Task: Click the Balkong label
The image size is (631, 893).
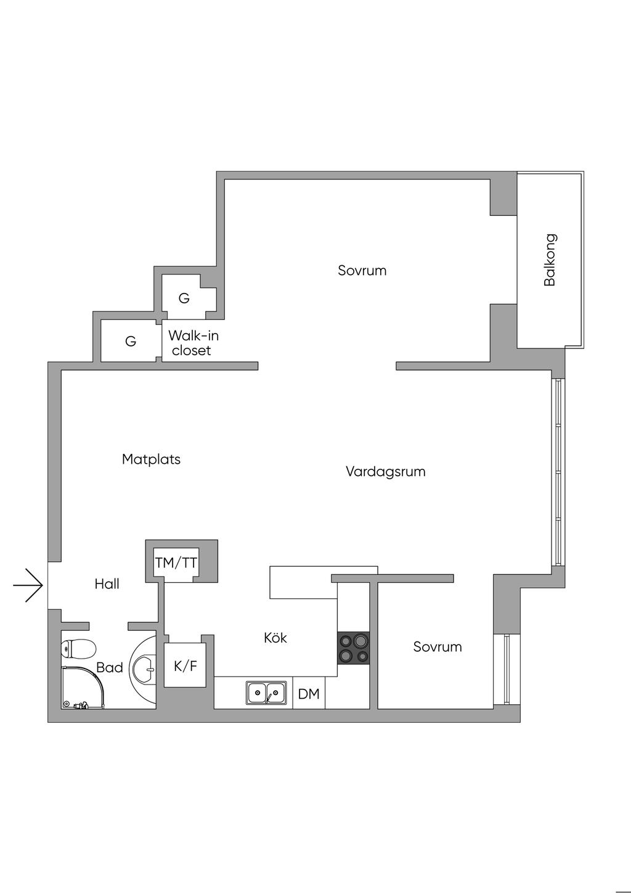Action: pyautogui.click(x=550, y=260)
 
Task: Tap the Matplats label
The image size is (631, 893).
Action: pyautogui.click(x=151, y=459)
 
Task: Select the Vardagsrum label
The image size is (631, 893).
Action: pyautogui.click(x=385, y=472)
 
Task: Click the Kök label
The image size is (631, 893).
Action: pyautogui.click(x=275, y=638)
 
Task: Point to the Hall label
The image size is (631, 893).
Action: pyautogui.click(x=107, y=584)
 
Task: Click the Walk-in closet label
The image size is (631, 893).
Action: pyautogui.click(x=193, y=343)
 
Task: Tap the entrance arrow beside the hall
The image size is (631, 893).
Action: pyautogui.click(x=28, y=585)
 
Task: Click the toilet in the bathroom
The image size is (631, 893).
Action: pyautogui.click(x=78, y=649)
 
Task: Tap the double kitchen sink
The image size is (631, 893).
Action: pyautogui.click(x=266, y=693)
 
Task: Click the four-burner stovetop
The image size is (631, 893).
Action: pyautogui.click(x=353, y=648)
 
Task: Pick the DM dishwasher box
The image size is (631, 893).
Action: pyautogui.click(x=309, y=694)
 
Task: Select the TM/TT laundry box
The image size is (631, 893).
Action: pyautogui.click(x=176, y=562)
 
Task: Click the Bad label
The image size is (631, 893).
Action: pyautogui.click(x=110, y=668)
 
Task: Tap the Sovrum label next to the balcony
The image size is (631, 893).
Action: pyautogui.click(x=362, y=270)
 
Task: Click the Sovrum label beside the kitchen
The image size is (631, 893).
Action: pyautogui.click(x=438, y=647)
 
